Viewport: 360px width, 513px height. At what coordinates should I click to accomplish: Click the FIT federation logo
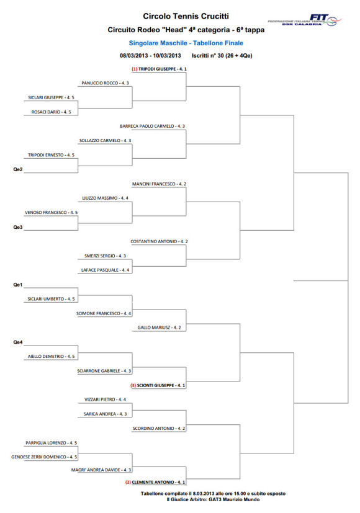[305, 20]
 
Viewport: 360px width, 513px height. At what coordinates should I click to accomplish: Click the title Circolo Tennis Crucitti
[186, 16]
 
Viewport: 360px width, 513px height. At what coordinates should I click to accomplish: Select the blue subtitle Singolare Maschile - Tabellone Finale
[186, 43]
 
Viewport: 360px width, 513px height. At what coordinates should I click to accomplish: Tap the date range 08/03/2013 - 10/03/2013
[150, 56]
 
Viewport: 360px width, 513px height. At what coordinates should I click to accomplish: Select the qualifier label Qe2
[17, 169]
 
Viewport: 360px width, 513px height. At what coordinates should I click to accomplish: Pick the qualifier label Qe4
[17, 342]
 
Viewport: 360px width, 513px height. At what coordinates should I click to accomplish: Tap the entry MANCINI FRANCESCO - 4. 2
[159, 184]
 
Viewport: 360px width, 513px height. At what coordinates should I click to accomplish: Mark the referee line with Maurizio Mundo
[213, 499]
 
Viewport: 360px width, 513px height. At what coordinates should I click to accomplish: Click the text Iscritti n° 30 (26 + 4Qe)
[222, 56]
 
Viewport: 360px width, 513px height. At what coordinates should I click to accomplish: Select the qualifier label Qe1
[17, 285]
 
